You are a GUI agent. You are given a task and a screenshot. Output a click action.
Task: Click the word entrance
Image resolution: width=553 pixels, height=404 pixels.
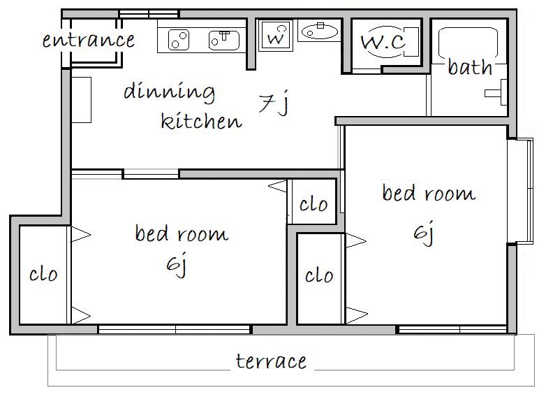coord(89,40)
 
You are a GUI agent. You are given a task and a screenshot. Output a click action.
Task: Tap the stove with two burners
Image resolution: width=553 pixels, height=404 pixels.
coord(179,40)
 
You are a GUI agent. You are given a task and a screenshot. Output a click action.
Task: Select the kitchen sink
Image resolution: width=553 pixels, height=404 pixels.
coord(224,41)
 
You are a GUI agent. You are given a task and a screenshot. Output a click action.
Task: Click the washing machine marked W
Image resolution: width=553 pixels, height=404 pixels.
coord(275,36)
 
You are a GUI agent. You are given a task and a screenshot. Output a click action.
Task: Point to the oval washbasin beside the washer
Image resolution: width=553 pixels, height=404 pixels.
coord(320,31)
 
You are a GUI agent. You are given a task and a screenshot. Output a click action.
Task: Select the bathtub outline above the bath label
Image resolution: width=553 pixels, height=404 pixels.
coord(468,43)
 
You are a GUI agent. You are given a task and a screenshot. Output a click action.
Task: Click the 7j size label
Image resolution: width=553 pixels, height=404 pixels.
coord(274,103)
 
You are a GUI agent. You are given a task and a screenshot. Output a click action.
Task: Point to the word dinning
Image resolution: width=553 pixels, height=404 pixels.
coord(169,92)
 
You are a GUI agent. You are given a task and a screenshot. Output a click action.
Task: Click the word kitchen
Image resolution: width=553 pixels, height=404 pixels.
coord(201,120)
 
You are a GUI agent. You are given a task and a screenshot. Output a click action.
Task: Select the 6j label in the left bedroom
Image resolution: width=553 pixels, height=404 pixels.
coord(177,264)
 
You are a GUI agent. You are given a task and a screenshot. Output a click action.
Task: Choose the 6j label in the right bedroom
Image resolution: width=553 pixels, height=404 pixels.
coord(424,232)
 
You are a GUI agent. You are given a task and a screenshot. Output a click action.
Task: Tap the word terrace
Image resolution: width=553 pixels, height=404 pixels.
coord(271,361)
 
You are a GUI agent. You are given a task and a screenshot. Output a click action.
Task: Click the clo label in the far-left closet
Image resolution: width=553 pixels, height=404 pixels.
coord(43,275)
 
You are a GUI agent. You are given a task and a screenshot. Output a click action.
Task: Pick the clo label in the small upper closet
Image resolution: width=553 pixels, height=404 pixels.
coord(314,204)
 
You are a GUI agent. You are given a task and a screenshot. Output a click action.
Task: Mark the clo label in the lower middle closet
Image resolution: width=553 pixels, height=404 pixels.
coord(319,275)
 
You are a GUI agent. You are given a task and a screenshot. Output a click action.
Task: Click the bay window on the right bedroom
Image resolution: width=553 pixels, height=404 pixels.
coord(521,191)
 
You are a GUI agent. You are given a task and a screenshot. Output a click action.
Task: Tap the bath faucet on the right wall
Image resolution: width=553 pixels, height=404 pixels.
coord(496,92)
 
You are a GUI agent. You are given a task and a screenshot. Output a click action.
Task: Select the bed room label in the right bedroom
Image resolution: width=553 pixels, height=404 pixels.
coord(429,193)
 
